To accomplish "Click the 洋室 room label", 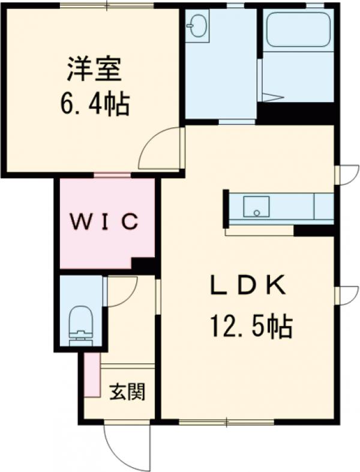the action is [x=94, y=69].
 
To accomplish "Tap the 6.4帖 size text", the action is [x=95, y=103].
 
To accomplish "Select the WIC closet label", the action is [x=104, y=221].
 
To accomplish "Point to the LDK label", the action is [x=248, y=285].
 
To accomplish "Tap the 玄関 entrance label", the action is [x=127, y=392].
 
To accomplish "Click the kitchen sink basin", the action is [x=256, y=206].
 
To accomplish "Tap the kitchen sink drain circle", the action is [x=256, y=213].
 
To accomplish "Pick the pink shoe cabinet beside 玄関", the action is [x=92, y=375].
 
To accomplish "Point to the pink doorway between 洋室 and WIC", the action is [x=112, y=175].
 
